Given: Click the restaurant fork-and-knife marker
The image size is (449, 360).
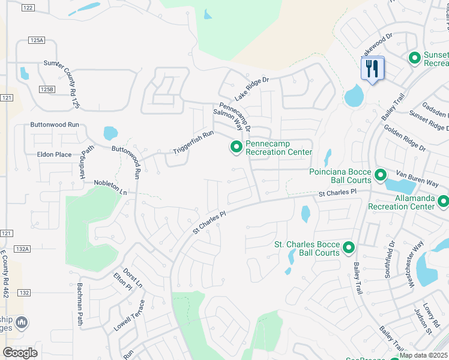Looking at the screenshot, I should pos(372,68).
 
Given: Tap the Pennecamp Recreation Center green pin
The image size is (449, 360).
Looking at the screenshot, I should pos(237,146).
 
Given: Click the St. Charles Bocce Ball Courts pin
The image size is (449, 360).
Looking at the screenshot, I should pos(348,247).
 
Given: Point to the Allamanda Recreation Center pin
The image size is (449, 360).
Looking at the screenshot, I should pos(443,202).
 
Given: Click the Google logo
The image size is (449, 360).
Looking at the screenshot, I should pos(20,353).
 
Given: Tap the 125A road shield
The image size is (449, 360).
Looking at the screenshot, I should pos(37,40).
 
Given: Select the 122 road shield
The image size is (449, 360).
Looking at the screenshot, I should pos(28,7).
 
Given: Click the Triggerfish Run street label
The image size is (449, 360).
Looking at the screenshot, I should pos(193,141).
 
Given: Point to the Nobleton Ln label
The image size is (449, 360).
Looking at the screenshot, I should pos(110,187).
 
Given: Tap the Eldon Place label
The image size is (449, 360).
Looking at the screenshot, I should pos(54,154).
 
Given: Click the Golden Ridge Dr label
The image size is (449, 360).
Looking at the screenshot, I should pos(405,138).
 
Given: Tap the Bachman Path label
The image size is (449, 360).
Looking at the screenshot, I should pos(79,305).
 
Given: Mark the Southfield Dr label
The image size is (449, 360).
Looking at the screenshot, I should pos(392,256).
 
